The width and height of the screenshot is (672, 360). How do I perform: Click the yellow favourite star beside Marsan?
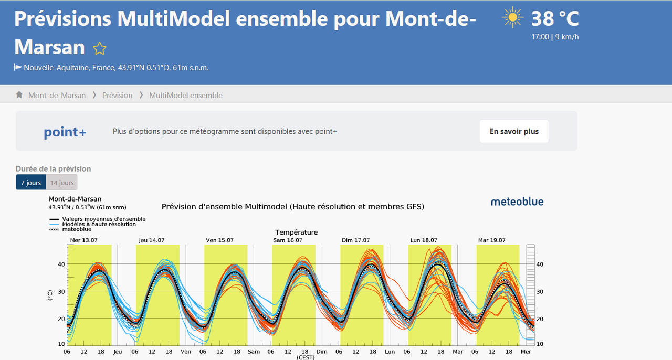click(x=100, y=49)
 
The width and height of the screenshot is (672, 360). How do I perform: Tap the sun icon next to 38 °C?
click(x=513, y=18)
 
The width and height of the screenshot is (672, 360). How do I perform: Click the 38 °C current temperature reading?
click(x=555, y=18)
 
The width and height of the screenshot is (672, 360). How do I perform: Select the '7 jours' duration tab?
click(x=31, y=183)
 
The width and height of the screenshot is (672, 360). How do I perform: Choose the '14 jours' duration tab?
click(x=62, y=183)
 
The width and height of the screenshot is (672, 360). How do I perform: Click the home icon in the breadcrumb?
click(x=19, y=95)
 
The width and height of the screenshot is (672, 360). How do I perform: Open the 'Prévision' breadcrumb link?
click(x=117, y=96)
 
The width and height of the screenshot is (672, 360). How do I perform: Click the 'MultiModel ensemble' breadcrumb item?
click(x=186, y=96)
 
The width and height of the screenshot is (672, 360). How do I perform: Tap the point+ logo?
click(x=65, y=132)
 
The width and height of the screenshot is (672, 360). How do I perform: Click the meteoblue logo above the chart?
click(x=517, y=202)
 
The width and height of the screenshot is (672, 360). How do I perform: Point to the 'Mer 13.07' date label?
click(x=83, y=240)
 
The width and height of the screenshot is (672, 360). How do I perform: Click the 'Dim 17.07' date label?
click(x=355, y=240)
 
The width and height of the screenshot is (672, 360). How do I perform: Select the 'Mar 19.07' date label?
click(x=492, y=240)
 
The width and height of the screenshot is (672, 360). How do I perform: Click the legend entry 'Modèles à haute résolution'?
click(x=99, y=224)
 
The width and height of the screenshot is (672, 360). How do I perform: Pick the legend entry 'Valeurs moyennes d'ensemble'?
click(x=104, y=219)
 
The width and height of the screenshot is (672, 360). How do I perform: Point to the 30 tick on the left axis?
click(x=61, y=291)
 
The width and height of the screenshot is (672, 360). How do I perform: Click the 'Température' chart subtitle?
click(x=297, y=232)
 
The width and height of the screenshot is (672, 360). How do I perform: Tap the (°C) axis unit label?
click(x=50, y=295)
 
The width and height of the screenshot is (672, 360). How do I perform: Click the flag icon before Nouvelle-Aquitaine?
click(x=18, y=67)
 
